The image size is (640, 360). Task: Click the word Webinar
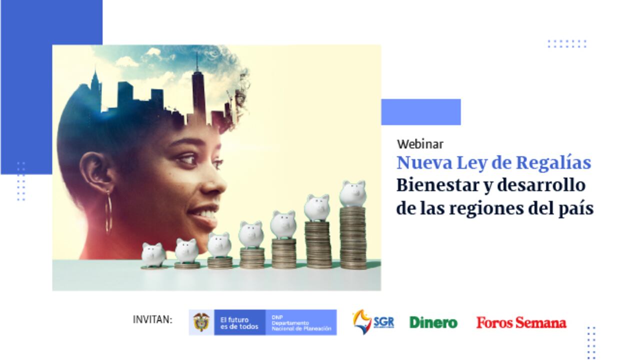click(420, 144)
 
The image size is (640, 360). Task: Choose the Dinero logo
click(433, 322)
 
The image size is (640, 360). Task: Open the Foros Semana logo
click(521, 322)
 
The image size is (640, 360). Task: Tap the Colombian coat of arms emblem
click(201, 322)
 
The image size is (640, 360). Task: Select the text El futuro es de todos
click(239, 323)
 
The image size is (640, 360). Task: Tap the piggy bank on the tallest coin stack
click(353, 192)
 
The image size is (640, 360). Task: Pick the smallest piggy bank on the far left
click(153, 254)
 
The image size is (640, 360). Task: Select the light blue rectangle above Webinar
click(420, 112)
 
